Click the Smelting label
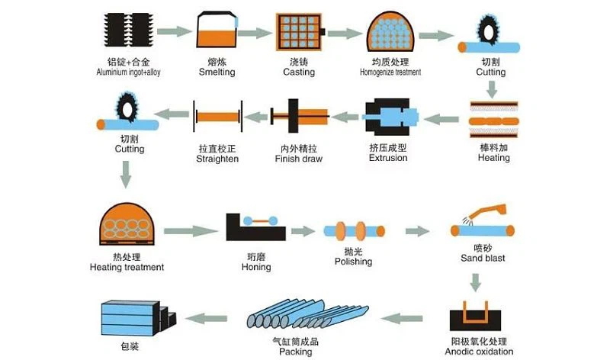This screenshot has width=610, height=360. point(217,72)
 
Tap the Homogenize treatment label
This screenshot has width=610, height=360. point(390,72)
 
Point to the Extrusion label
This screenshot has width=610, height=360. point(388,158)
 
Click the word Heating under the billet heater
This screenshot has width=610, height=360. point(494,158)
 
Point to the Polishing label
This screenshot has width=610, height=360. point(353,262)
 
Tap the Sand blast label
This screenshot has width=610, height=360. point(483,258)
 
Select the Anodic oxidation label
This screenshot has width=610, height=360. point(479,352)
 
